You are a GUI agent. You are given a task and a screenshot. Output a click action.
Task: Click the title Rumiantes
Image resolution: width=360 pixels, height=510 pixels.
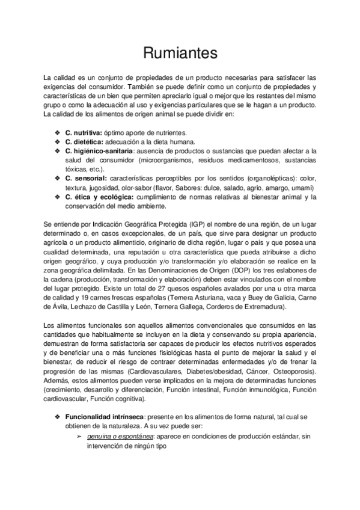click(180, 54)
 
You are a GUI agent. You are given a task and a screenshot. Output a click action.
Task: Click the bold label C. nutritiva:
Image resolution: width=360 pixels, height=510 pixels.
click(84, 132)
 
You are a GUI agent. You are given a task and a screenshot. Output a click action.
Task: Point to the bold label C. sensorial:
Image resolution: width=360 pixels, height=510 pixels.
click(86, 179)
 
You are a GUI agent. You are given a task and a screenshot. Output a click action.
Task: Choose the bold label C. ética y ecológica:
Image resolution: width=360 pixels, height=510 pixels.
click(100, 197)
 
